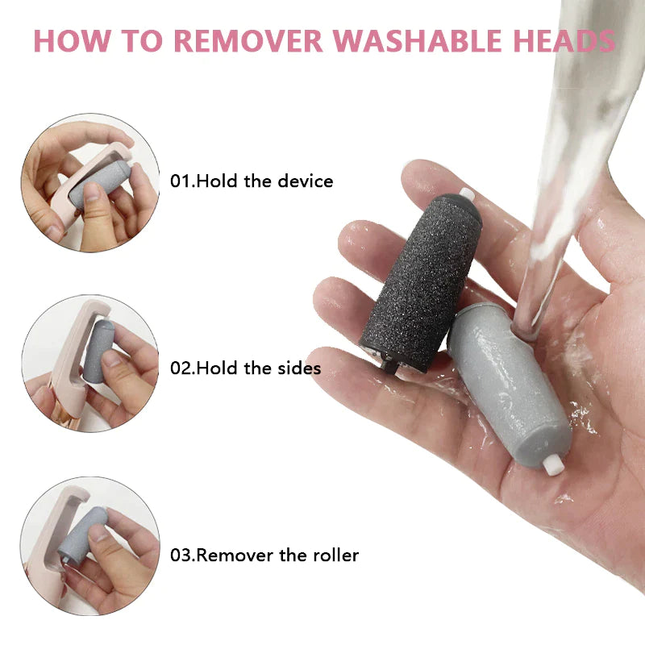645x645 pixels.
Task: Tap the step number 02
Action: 181,368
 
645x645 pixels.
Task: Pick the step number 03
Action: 181,555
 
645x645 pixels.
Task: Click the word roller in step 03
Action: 334,555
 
